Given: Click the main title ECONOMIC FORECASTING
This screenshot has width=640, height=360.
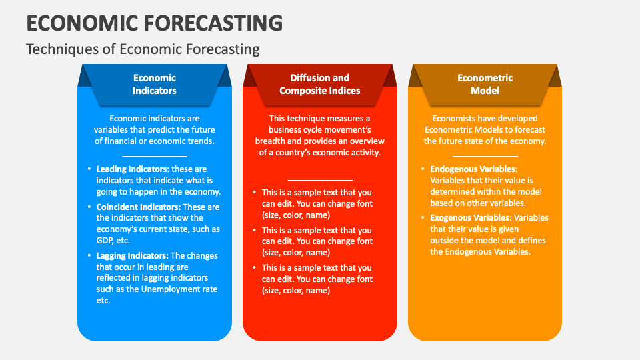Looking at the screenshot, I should point(154,23).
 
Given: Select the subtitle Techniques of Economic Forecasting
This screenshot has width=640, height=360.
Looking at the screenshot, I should point(142,49).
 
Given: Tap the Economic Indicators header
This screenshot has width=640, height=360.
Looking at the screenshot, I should point(154,84).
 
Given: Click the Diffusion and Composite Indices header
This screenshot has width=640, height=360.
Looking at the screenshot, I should point(319,84).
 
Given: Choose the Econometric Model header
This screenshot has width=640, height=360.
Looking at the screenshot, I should point(485,84).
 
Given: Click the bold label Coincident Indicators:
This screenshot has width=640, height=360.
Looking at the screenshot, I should point(139,207).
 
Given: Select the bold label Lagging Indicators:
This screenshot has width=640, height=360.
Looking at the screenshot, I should point(133,256).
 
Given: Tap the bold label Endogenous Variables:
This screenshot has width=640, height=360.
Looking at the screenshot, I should point(473,169).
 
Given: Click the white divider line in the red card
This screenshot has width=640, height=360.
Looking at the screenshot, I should point(319,180).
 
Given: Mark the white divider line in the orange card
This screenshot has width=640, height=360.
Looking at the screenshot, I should point(485,155).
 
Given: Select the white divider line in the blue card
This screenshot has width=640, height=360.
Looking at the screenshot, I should point(154,155).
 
